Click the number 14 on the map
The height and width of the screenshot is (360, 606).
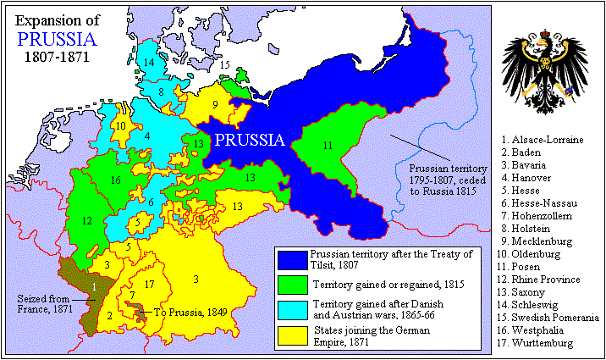[x=149, y=64]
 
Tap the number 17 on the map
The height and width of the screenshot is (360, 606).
[x=150, y=285]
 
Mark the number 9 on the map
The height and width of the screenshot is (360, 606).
[x=216, y=105]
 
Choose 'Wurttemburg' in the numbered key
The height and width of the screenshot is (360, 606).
[x=542, y=343]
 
